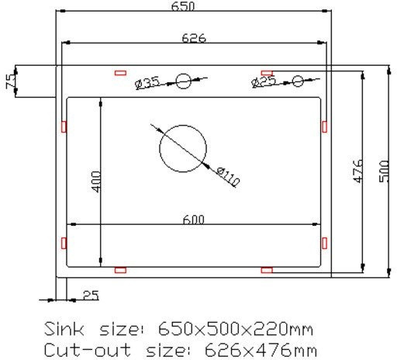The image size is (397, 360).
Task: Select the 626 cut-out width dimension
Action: pos(194,38)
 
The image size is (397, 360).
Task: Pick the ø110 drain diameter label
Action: pos(228,177)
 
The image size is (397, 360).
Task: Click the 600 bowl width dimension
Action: pos(193,220)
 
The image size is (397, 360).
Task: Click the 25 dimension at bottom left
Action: pos(91,295)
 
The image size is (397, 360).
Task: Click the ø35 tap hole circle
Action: pos(184,79)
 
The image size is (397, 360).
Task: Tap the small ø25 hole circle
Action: pos(299,80)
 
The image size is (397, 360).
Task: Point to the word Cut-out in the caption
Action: pos(80,348)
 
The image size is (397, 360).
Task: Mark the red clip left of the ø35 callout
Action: pos(120,73)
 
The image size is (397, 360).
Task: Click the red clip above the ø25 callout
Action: pos(267,72)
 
